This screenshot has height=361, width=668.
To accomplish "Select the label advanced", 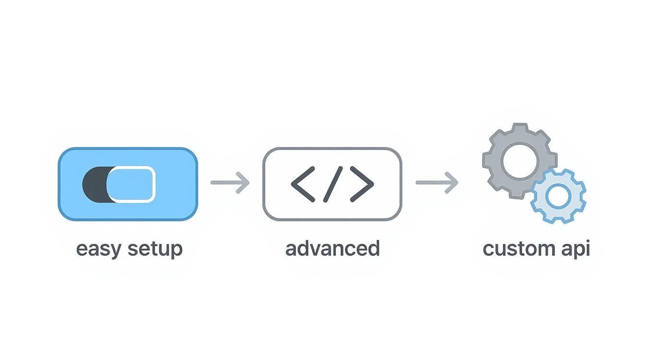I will [332, 249].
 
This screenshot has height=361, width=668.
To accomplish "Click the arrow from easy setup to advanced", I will [230, 182].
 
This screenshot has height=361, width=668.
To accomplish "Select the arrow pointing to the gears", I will [436, 182].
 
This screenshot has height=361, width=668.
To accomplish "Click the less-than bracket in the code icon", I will [302, 184].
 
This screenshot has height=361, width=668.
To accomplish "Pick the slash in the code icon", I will [333, 184].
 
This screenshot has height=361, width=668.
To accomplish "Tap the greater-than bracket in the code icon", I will [362, 184].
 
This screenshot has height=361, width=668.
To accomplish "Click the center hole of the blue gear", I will [558, 196].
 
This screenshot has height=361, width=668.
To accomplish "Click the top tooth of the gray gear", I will [520, 128].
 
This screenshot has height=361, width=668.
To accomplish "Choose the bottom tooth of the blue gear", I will [558, 219].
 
